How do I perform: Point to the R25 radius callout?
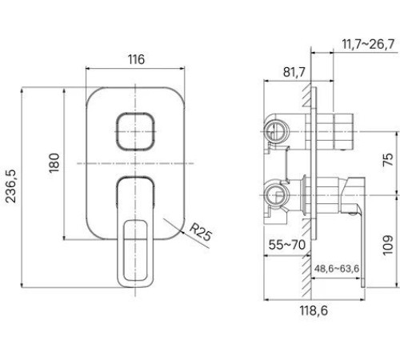[x=201, y=234]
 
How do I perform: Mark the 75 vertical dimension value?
[x=388, y=158]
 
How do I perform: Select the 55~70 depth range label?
[x=285, y=245]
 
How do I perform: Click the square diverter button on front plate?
[x=134, y=130]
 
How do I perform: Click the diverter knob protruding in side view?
[x=340, y=130]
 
